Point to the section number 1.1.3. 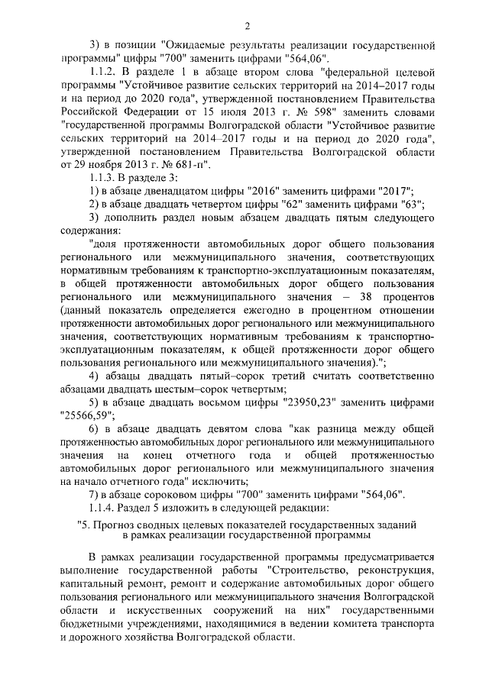coord(105,176)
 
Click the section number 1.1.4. coord(105,508)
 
